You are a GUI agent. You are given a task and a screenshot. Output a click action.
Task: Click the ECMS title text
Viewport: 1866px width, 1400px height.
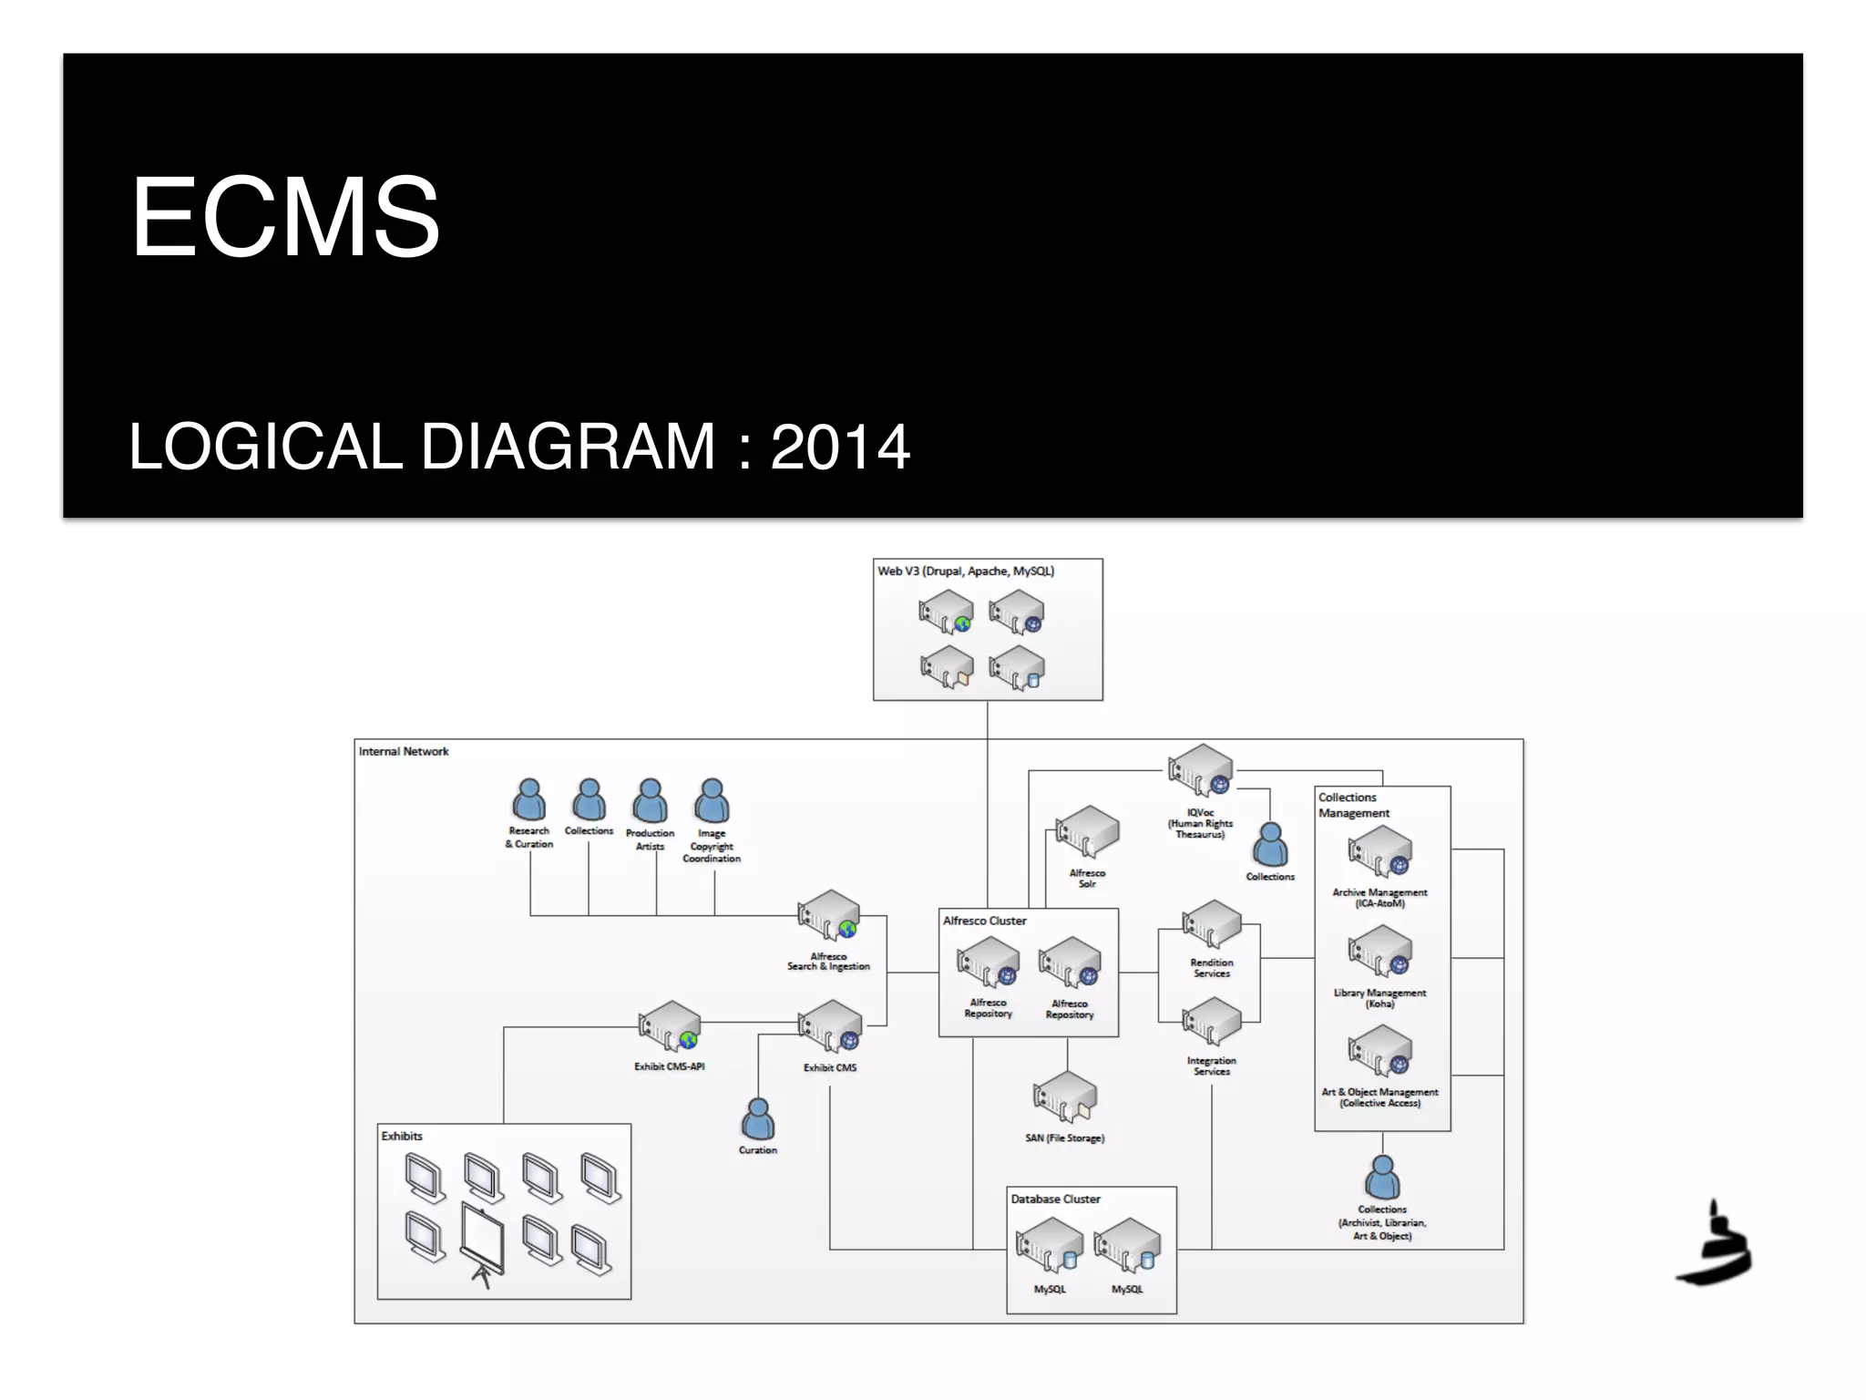coord(285,218)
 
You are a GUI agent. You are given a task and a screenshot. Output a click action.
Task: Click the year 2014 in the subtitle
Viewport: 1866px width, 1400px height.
coord(839,448)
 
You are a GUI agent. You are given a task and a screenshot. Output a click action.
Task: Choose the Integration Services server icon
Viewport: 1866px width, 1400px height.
coord(1212,1023)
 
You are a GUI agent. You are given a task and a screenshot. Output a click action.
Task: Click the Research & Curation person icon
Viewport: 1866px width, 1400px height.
coord(528,800)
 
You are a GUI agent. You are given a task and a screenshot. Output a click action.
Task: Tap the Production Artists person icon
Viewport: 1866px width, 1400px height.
coord(650,801)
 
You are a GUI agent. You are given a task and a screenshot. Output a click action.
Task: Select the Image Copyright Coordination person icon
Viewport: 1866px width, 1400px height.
coord(712,801)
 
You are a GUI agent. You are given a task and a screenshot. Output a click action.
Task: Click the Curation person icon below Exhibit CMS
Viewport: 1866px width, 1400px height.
coord(758,1118)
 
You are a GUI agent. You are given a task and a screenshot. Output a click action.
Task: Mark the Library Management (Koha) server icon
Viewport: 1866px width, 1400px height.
coord(1380,952)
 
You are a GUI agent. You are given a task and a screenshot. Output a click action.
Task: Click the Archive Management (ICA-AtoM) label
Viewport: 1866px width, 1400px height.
coord(1379,898)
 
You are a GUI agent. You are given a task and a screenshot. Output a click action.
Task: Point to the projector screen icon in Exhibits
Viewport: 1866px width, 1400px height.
coord(481,1240)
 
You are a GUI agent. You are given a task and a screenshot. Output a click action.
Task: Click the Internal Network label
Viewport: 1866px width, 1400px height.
coord(404,752)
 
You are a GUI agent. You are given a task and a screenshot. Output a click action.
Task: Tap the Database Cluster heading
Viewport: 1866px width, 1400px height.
coord(1055,1199)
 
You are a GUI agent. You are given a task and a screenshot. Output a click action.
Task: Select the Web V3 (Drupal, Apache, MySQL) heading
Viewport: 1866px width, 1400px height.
coord(966,571)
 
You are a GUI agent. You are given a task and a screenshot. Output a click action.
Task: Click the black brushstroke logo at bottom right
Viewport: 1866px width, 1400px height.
coord(1715,1246)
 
